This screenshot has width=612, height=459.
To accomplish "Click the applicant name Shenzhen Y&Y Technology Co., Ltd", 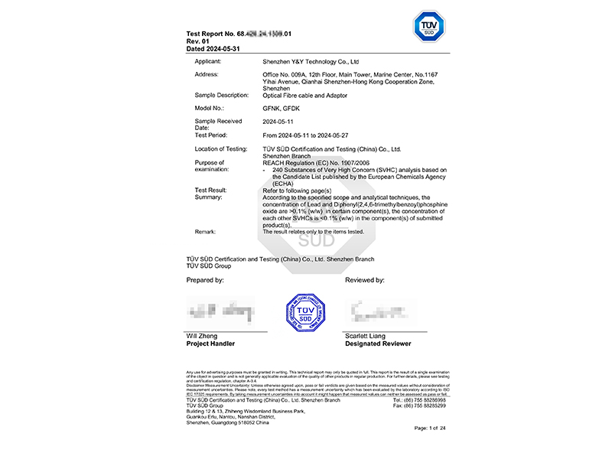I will [x=311, y=60].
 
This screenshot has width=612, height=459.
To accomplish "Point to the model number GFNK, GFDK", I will [x=281, y=109].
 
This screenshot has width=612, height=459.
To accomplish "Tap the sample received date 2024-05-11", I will [x=279, y=121].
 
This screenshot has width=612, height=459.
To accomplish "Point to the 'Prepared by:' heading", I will [x=205, y=281].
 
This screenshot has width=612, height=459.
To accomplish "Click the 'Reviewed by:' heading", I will [x=365, y=281].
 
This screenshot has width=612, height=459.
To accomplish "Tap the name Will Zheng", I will [x=203, y=337].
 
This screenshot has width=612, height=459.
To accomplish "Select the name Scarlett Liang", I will [x=364, y=337].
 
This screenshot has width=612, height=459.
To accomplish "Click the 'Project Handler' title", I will [x=212, y=344].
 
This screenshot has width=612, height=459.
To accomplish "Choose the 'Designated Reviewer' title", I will [x=379, y=344].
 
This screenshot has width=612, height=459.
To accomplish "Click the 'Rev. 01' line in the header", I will [x=199, y=41].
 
